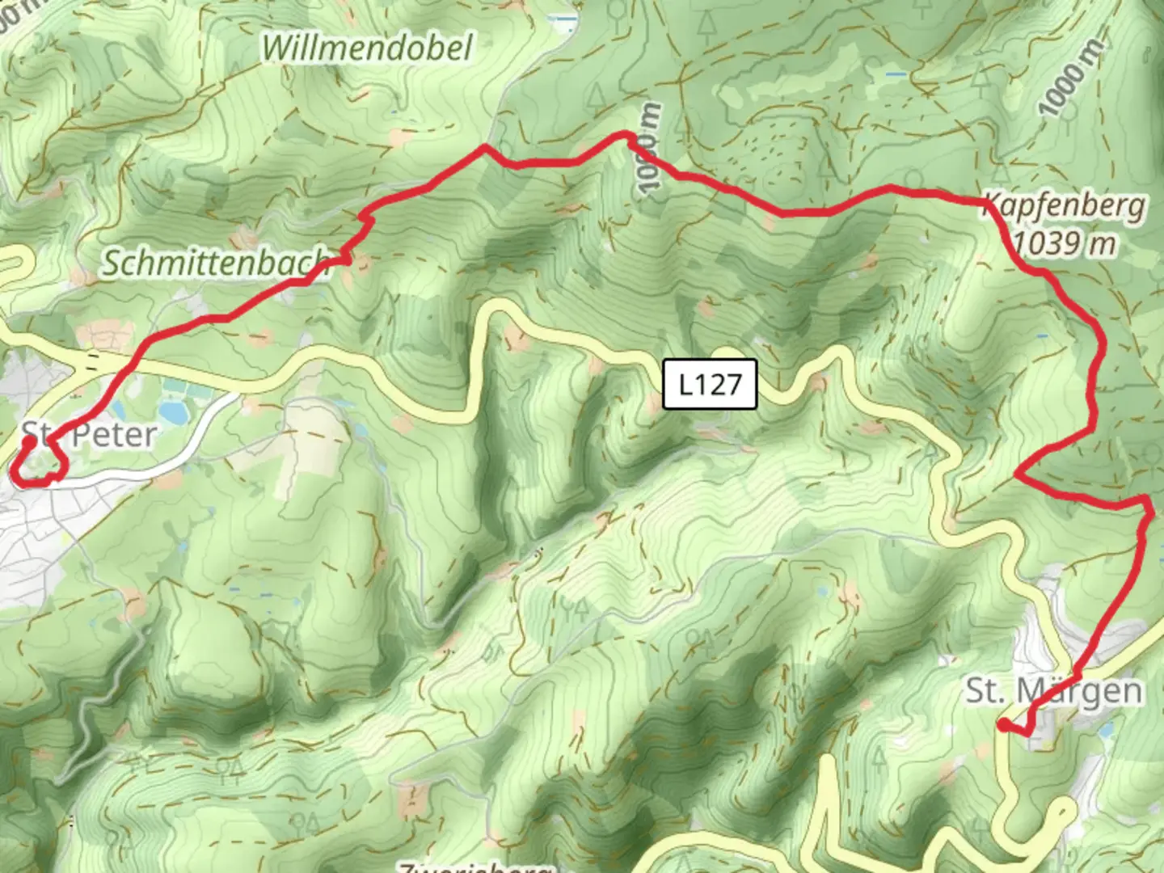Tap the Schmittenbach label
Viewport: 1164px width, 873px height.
click(x=214, y=264)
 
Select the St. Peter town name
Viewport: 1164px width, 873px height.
click(x=89, y=435)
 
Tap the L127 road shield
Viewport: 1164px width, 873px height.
click(x=710, y=384)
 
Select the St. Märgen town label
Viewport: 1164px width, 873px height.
click(x=1054, y=691)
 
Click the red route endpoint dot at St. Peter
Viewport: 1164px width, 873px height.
click(x=28, y=442)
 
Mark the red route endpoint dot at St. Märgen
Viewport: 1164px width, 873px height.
click(x=1002, y=725)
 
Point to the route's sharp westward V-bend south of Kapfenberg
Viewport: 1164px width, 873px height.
click(x=1017, y=474)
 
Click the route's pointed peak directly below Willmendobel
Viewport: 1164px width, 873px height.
click(x=484, y=146)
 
